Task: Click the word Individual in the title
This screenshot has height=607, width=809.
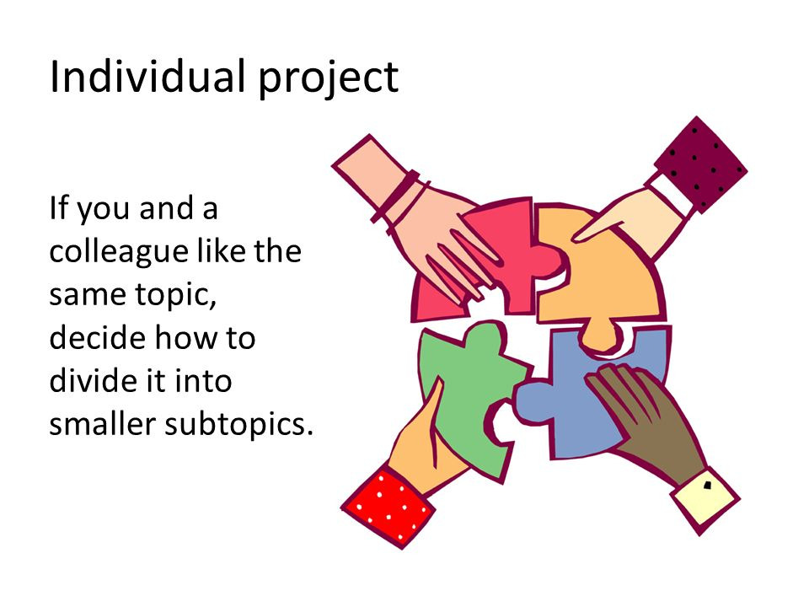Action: (x=147, y=77)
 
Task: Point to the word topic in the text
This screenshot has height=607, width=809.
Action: (x=175, y=296)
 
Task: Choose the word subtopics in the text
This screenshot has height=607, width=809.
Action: (x=238, y=425)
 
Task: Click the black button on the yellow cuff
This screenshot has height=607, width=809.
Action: (x=707, y=485)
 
